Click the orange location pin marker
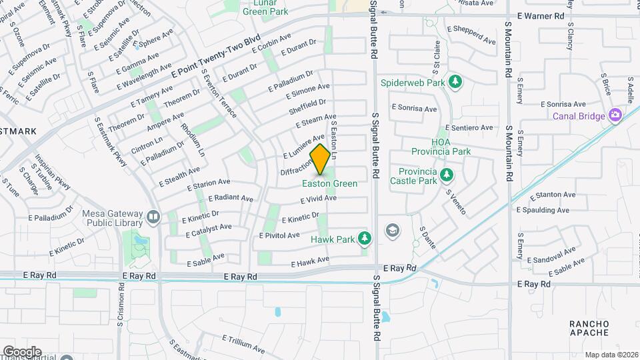(x=321, y=159)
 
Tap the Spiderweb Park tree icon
(x=456, y=82)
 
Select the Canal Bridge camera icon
(x=615, y=115)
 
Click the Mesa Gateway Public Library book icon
(x=154, y=217)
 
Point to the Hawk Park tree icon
(x=364, y=238)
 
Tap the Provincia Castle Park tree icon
(x=447, y=175)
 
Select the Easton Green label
(x=329, y=183)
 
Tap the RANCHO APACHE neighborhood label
(x=589, y=328)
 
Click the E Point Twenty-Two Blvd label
(x=215, y=58)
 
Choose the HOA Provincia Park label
(x=451, y=147)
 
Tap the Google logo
(x=22, y=351)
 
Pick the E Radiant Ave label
(x=231, y=199)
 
